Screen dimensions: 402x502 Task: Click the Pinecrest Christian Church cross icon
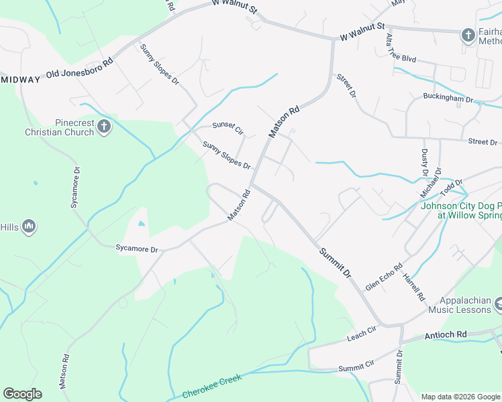click(x=103, y=126)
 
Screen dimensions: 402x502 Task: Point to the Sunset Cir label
click(x=227, y=125)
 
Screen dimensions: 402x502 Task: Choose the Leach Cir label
click(x=362, y=332)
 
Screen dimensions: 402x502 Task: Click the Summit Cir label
click(x=356, y=367)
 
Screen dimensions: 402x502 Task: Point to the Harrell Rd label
click(x=414, y=286)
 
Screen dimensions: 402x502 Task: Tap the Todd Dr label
click(x=450, y=185)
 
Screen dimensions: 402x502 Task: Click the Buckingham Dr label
click(x=448, y=98)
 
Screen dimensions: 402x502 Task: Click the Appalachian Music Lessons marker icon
click(x=498, y=306)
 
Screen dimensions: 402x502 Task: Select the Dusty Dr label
click(x=425, y=163)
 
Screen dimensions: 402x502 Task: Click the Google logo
click(x=22, y=394)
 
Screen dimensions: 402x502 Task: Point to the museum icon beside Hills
click(x=28, y=227)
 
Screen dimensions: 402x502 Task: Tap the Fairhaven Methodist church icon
click(x=468, y=35)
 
